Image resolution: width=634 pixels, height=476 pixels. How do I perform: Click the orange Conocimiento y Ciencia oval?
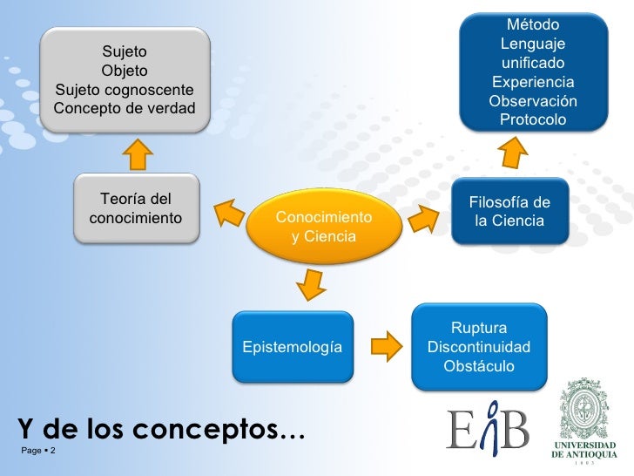coord(324,226)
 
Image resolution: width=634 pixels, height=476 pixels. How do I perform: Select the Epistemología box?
coord(292,348)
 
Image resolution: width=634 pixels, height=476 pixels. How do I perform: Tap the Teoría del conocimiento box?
coord(136,207)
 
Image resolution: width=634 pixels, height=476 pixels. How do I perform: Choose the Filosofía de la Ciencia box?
coord(509,212)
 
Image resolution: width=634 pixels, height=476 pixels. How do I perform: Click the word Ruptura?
coord(478,328)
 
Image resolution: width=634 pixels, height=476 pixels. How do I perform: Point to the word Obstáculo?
coord(478,366)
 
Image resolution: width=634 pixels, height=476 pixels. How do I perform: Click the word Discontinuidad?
coord(478,347)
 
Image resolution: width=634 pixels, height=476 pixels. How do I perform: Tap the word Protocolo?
coord(532,119)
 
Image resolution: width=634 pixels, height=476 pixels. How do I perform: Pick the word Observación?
coord(532,100)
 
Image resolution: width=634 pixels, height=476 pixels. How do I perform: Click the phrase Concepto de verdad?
coord(125,109)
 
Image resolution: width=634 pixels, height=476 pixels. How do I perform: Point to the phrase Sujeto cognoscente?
coord(125,90)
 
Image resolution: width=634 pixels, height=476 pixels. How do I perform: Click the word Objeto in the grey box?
coord(125,71)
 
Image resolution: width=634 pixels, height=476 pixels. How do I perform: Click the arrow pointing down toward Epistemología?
coord(308,284)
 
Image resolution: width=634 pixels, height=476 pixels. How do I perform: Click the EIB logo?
coord(488,427)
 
